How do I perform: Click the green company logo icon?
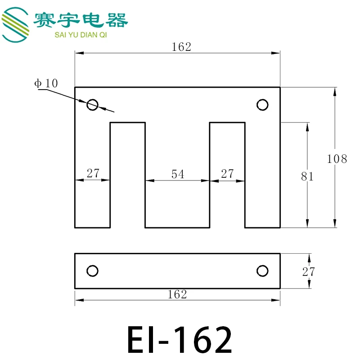click(x=16, y=25)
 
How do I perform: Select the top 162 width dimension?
click(x=181, y=47)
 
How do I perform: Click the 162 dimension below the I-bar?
click(x=177, y=294)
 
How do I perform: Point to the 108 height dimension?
click(x=337, y=158)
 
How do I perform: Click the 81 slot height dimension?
click(x=307, y=176)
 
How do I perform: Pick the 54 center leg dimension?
click(x=178, y=174)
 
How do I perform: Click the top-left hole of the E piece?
click(x=92, y=105)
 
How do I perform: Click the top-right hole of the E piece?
click(x=262, y=105)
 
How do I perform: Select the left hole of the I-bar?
click(x=92, y=271)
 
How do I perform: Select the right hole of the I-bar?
click(x=262, y=271)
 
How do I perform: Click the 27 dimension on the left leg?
click(x=93, y=173)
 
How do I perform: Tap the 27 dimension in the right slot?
click(x=227, y=173)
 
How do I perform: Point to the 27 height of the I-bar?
click(x=309, y=271)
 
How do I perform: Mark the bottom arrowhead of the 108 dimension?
click(x=334, y=223)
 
